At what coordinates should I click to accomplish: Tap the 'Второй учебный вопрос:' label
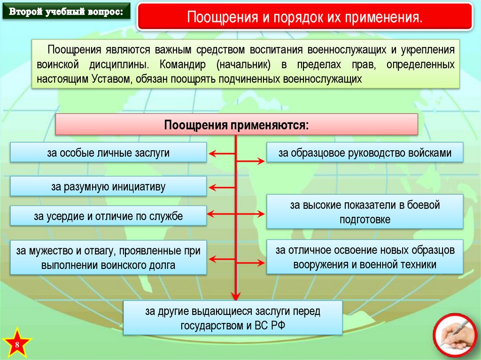click(65, 11)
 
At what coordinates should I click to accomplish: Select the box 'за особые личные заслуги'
click(108, 153)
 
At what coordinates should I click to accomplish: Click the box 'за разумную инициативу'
click(108, 186)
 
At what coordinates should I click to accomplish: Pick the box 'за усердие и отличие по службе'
click(108, 216)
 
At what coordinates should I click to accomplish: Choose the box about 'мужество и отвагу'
click(108, 258)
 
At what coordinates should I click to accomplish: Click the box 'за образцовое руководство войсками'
click(365, 153)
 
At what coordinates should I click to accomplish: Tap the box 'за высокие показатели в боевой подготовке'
click(365, 212)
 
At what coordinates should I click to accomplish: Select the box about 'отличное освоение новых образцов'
click(365, 257)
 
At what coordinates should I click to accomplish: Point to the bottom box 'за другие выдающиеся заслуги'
click(233, 318)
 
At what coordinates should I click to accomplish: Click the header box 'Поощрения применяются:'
click(237, 125)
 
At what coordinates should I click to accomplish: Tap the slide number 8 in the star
click(17, 345)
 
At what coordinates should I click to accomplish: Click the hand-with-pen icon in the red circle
click(454, 335)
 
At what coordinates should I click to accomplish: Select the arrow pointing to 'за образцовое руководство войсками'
click(251, 161)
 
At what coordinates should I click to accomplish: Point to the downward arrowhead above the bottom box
click(236, 294)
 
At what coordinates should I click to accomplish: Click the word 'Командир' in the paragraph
click(180, 64)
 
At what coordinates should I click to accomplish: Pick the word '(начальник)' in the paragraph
click(243, 64)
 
